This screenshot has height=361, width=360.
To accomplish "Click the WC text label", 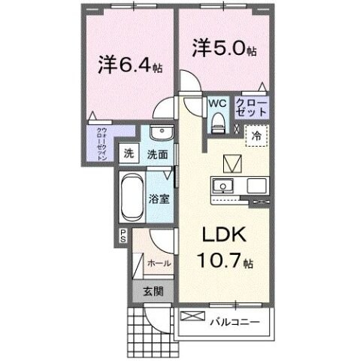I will pos(216,102).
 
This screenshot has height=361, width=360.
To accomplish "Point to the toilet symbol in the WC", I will pos(217,120).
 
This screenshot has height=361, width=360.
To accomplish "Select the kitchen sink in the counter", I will pos(222,185).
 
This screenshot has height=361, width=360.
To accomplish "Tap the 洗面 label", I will pos(158,154).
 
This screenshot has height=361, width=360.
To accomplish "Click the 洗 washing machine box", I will pos(130,154).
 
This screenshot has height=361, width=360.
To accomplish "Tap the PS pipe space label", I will pos(122,237).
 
